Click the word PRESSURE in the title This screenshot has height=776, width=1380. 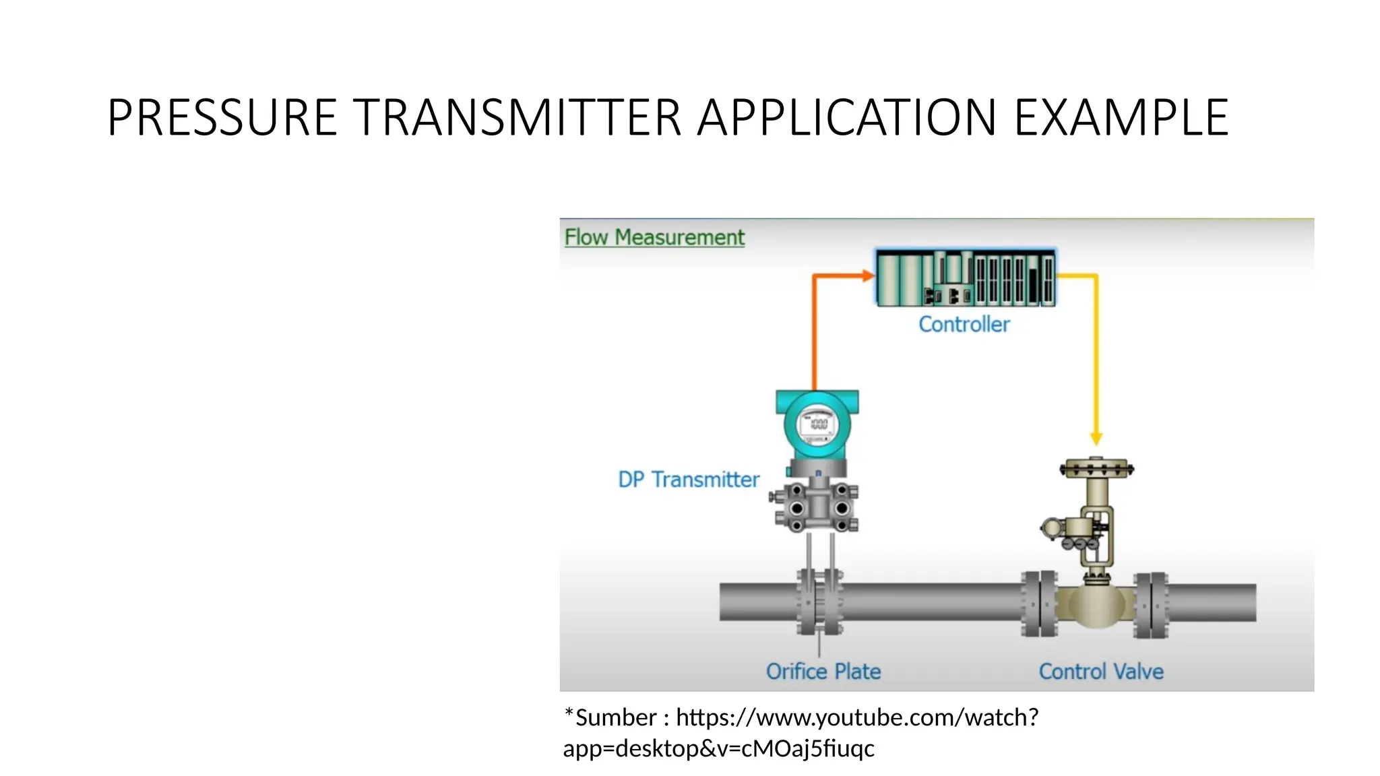point(222,118)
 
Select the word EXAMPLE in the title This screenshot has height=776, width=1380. point(1121,118)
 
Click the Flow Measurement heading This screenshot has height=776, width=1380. point(654,237)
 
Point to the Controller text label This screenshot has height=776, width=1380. point(964,325)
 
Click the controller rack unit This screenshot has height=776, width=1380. point(966,278)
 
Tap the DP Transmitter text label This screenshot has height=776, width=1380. point(689,480)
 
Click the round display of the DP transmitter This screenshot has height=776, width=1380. point(817,425)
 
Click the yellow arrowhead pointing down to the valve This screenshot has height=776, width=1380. point(1096,438)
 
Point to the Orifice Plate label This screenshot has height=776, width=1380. point(823,672)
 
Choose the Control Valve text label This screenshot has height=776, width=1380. point(1101,672)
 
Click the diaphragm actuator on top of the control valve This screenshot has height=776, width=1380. point(1096,468)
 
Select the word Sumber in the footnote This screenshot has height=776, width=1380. point(616,718)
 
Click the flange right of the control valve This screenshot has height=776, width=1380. point(1150,604)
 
